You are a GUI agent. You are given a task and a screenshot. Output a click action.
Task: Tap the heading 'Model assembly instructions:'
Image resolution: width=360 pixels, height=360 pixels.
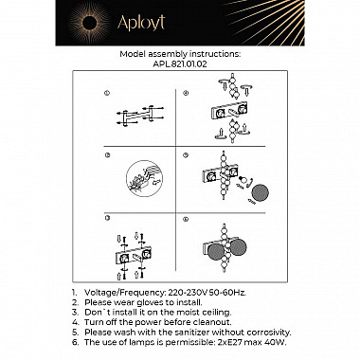(x=180, y=55)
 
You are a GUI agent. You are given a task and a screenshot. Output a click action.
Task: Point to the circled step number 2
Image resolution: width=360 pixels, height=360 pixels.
(x=107, y=153)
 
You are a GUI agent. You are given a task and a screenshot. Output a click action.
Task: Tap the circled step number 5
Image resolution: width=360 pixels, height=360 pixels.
(x=187, y=153)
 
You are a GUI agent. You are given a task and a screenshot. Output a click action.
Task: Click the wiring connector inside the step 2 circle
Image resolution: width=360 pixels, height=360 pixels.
(x=142, y=177)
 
